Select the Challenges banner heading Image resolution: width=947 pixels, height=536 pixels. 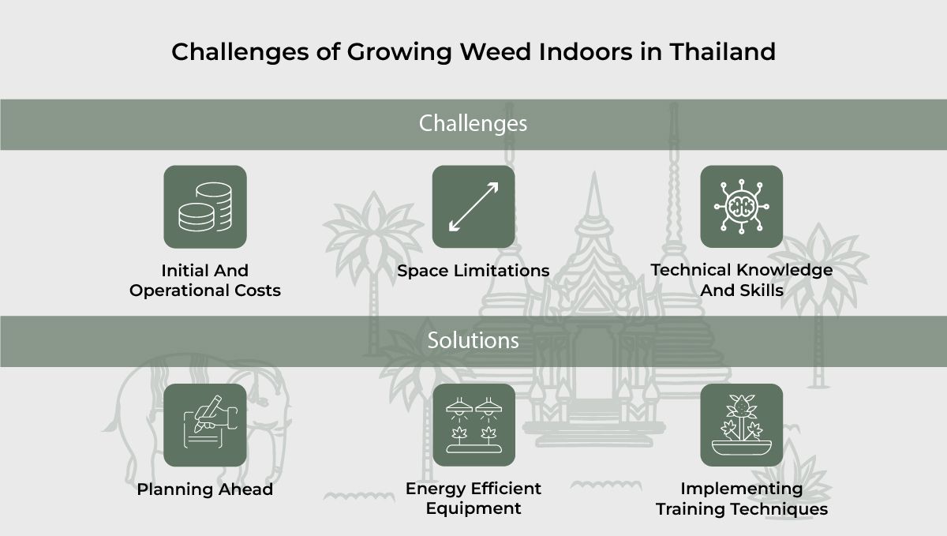click(473, 124)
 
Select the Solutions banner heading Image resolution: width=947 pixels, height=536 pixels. click(473, 340)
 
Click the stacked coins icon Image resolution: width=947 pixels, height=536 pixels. click(205, 207)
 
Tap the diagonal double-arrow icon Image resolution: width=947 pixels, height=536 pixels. click(473, 207)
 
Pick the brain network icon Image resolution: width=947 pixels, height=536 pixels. click(741, 207)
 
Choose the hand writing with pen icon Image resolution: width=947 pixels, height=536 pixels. click(205, 425)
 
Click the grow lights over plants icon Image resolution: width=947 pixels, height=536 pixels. click(473, 425)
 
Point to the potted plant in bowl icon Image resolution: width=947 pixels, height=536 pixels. click(741, 425)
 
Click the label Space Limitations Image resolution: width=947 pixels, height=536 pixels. click(473, 271)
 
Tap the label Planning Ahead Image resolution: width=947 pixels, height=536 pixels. click(205, 489)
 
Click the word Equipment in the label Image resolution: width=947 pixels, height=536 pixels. click(473, 509)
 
